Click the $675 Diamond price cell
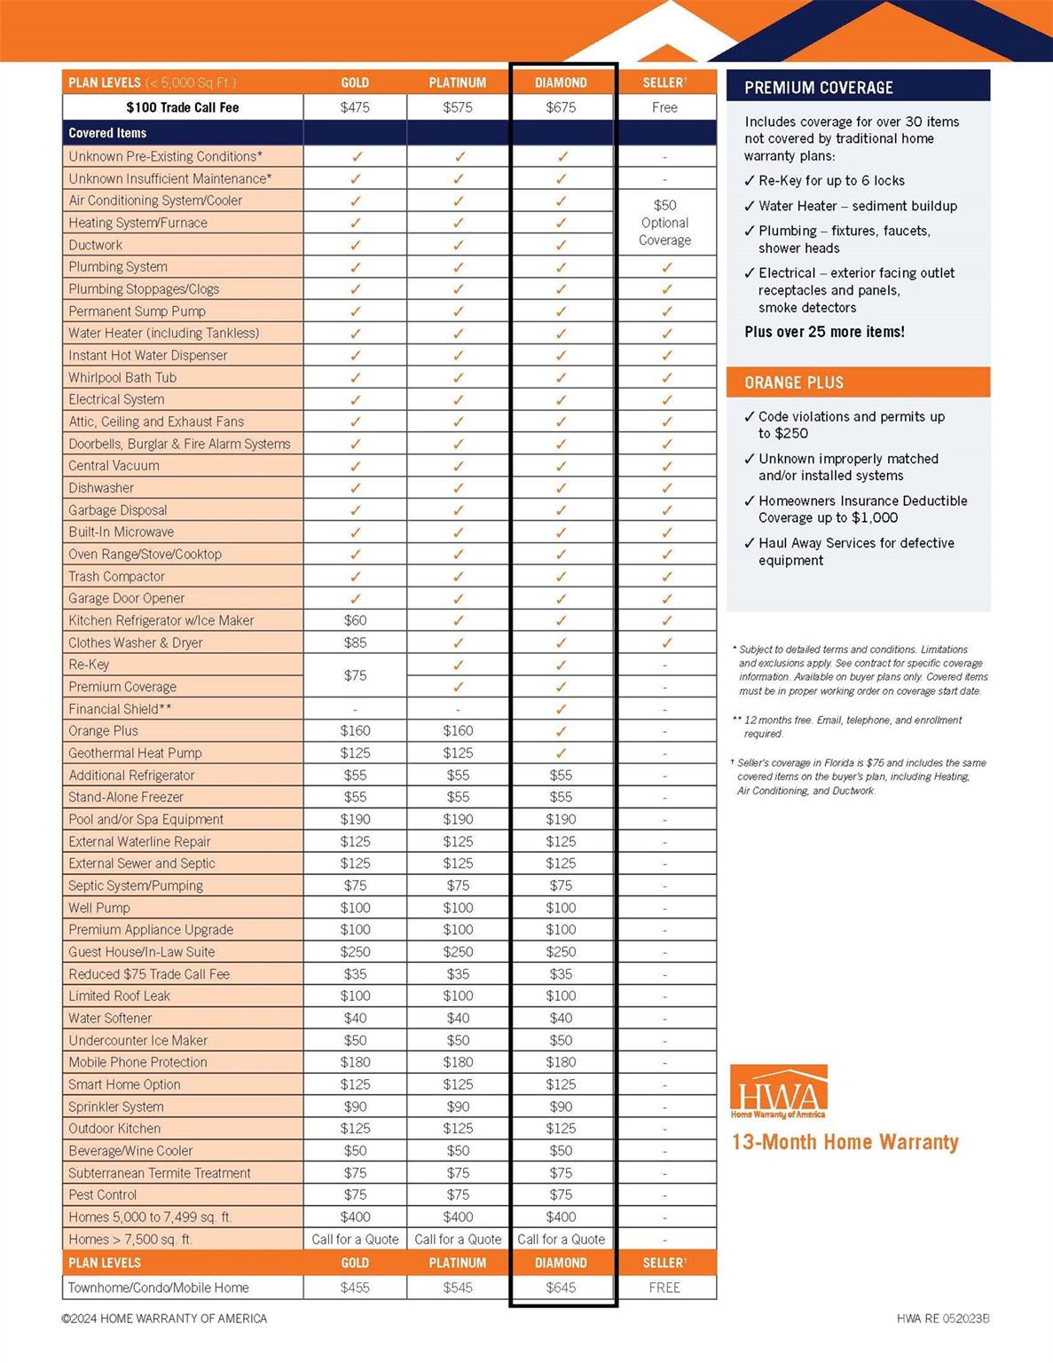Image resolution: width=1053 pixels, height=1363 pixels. [x=561, y=107]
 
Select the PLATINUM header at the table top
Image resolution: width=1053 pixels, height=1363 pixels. [x=458, y=83]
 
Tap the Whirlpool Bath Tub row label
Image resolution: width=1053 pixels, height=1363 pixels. [x=122, y=377]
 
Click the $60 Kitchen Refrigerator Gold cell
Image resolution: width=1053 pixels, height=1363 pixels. [x=355, y=620]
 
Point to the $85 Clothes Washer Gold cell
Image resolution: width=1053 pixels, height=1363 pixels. [x=355, y=642]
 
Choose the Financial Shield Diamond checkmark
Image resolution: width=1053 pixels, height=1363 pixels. [x=561, y=709]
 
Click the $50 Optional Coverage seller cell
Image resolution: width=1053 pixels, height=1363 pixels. [x=664, y=223]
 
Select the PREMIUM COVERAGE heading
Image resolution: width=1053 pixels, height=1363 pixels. [x=819, y=88]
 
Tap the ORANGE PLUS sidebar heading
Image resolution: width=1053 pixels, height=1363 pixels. [x=794, y=382]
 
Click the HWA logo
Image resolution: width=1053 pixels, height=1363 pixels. [x=779, y=1091]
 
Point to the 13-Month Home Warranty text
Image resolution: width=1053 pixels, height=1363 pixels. [x=845, y=1142]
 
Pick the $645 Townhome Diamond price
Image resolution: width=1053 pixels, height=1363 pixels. [x=561, y=1288]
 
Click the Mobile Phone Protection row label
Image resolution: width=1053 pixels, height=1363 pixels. [x=138, y=1062]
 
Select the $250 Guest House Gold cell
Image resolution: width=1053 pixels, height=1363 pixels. [x=355, y=951]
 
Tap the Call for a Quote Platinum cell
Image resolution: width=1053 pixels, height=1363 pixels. [x=458, y=1240]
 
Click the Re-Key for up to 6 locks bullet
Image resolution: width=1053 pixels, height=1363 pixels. [x=830, y=181]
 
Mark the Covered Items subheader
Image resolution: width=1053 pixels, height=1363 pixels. [x=107, y=133]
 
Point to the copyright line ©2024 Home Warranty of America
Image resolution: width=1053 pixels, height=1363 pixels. [x=164, y=1319]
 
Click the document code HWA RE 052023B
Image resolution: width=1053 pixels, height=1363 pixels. [x=943, y=1319]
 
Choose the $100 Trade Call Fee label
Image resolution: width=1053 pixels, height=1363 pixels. [x=183, y=107]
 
